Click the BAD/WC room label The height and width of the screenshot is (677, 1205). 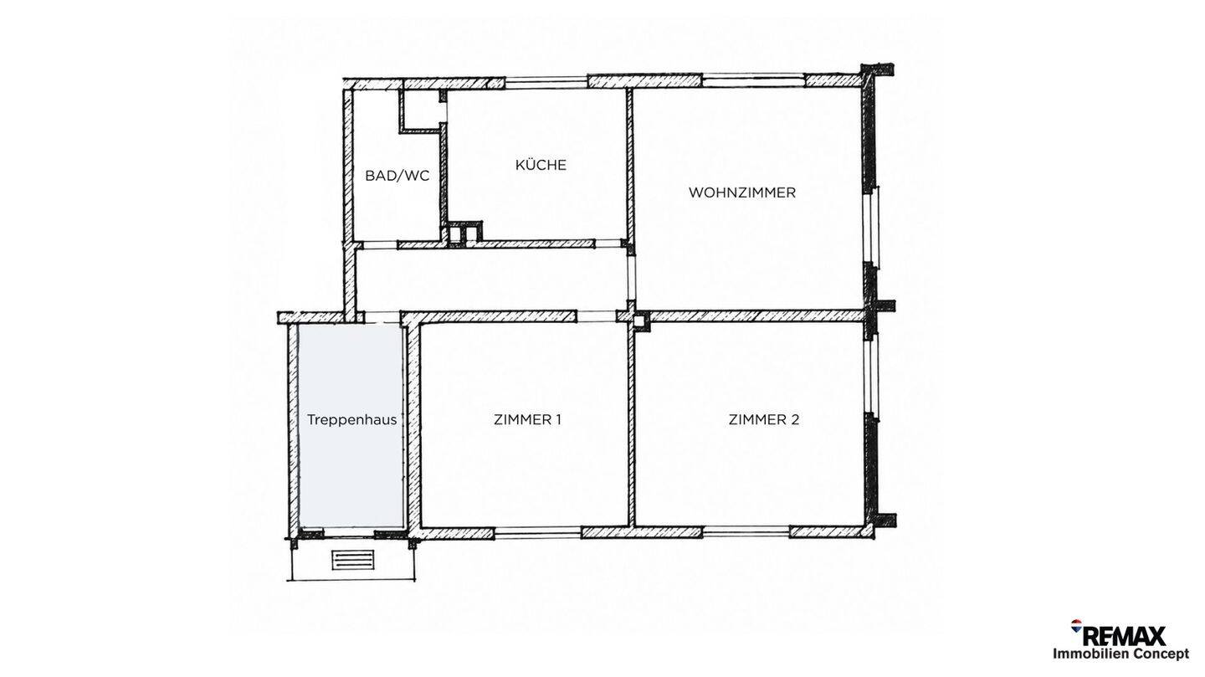click(x=397, y=176)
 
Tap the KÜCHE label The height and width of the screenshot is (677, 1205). click(x=541, y=164)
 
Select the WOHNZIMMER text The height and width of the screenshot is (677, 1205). click(x=741, y=192)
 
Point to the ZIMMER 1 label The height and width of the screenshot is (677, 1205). click(x=527, y=420)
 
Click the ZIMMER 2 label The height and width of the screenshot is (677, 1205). click(x=764, y=420)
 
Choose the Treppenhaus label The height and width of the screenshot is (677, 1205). click(x=351, y=420)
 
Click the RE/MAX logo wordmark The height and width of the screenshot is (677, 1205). click(x=1125, y=637)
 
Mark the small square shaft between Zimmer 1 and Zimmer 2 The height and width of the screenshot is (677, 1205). click(x=638, y=321)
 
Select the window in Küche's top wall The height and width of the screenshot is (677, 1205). click(x=546, y=82)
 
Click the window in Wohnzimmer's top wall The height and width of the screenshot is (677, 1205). click(x=754, y=80)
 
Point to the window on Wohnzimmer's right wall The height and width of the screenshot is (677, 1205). click(x=871, y=227)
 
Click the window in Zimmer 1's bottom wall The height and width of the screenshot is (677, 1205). click(x=537, y=533)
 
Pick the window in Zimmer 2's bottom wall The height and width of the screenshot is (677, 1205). click(x=746, y=531)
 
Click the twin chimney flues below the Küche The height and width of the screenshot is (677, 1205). click(x=463, y=233)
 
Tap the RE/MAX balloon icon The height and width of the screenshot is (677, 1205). click(x=1076, y=626)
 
